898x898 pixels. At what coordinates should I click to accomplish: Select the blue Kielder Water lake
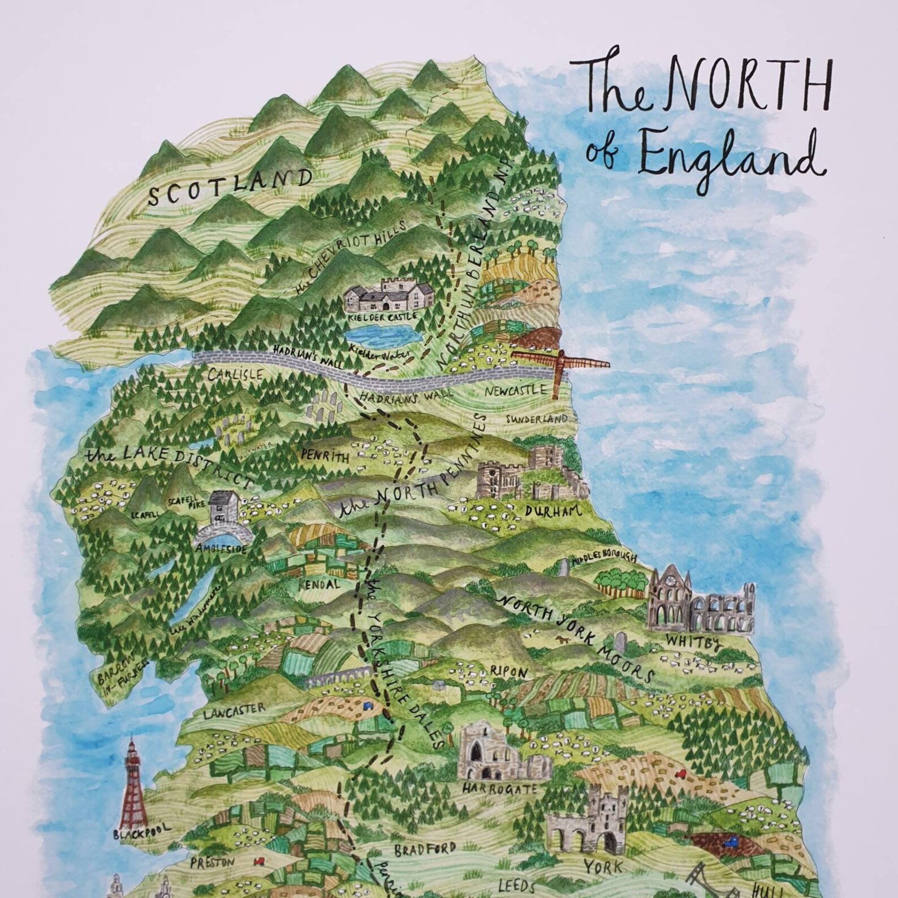[x=382, y=336]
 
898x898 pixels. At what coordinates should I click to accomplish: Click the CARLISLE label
[x=235, y=374]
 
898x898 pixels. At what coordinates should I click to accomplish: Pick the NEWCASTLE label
[x=516, y=391]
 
